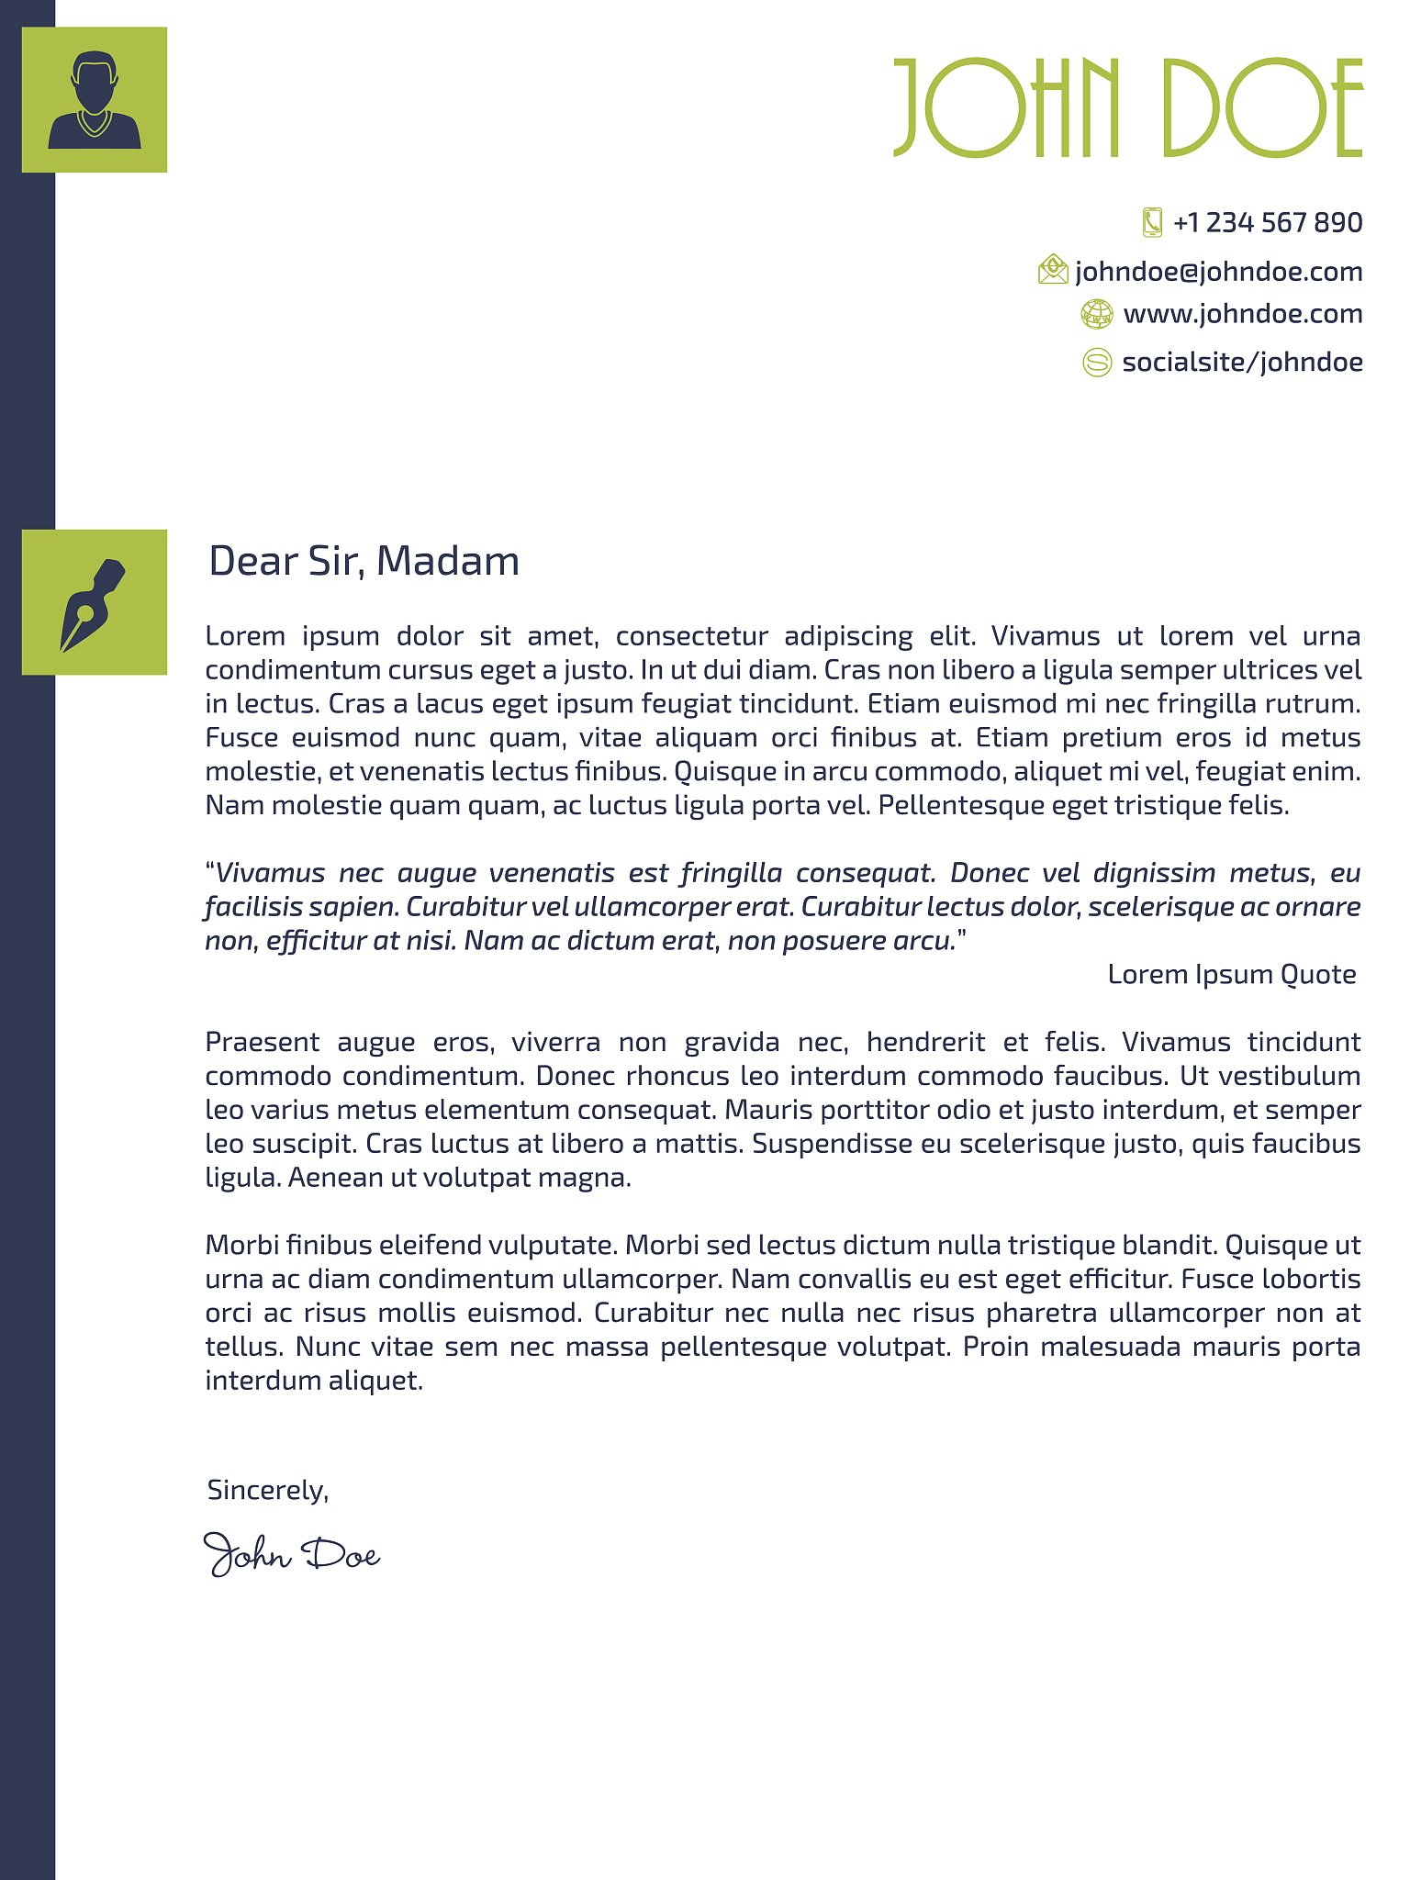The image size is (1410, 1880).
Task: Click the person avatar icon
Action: point(95,100)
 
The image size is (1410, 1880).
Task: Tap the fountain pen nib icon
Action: point(94,603)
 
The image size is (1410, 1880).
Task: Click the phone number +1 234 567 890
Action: point(1267,223)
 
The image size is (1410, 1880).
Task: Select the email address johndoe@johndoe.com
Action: point(1218,272)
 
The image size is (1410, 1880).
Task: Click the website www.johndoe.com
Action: point(1242,314)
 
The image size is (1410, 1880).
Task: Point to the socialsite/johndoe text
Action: point(1242,363)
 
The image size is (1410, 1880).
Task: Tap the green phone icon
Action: point(1152,222)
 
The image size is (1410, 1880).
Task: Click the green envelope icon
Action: point(1053,270)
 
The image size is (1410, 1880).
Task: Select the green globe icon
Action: point(1096,314)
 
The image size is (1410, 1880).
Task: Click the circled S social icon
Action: point(1097,363)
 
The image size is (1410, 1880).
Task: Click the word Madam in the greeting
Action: point(448,561)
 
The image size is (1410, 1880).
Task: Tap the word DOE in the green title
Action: point(1262,108)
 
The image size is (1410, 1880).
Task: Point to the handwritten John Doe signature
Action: point(291,1554)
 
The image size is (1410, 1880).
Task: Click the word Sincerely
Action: point(267,1490)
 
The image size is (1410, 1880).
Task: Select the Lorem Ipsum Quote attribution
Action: point(1231,974)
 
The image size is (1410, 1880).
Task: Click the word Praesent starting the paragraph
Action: point(263,1043)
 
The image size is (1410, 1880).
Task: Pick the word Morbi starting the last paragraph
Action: point(241,1246)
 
